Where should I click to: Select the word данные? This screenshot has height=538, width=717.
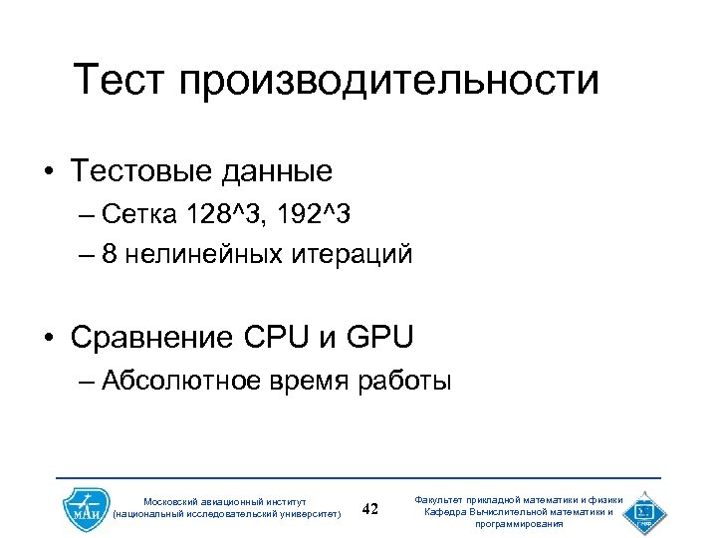pos(286,173)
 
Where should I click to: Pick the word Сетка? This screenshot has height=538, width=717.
pos(139,214)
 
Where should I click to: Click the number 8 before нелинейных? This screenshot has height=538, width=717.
pos(109,254)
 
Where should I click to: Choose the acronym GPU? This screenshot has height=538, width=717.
pos(379,337)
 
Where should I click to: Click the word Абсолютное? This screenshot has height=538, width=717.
pos(180,380)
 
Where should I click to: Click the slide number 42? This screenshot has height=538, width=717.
pos(370,509)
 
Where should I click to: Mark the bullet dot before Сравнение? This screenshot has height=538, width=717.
pos(48,339)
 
